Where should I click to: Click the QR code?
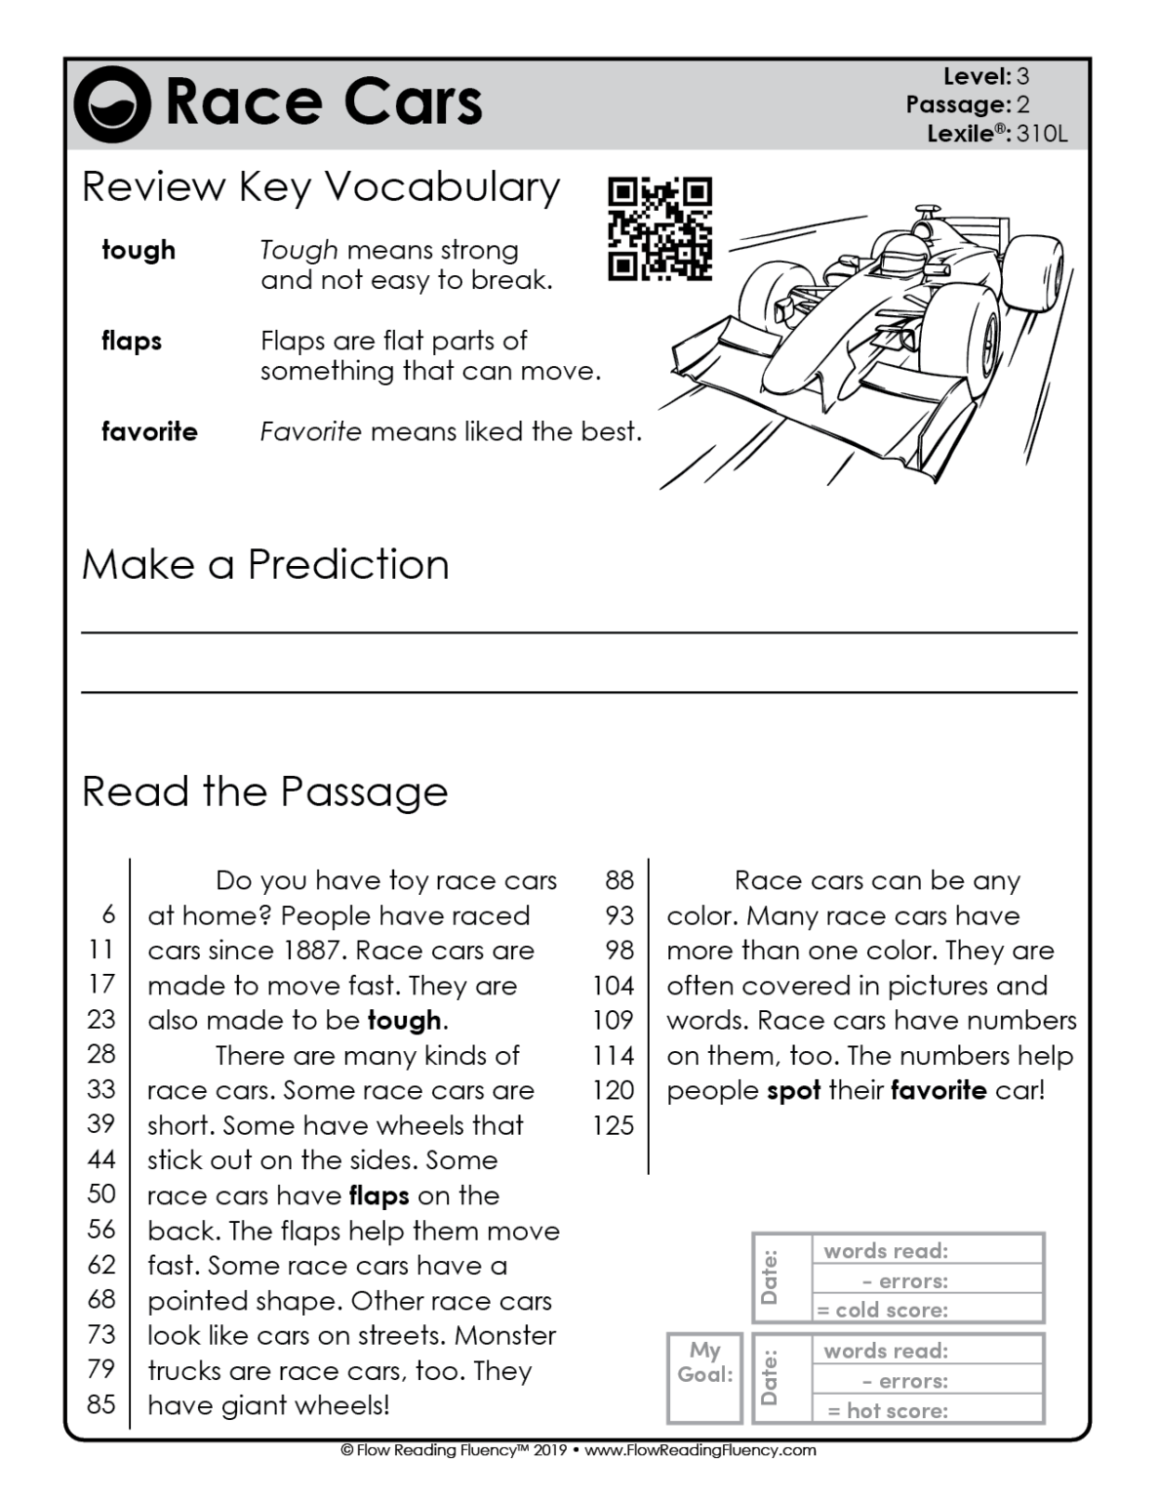pyautogui.click(x=659, y=228)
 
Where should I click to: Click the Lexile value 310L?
pyautogui.click(x=1042, y=134)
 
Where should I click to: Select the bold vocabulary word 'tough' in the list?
pyautogui.click(x=139, y=250)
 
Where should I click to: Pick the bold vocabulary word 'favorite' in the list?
pyautogui.click(x=149, y=431)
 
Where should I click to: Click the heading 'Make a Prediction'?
pyautogui.click(x=265, y=564)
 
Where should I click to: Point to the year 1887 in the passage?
pyautogui.click(x=314, y=951)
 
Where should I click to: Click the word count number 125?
pyautogui.click(x=613, y=1125)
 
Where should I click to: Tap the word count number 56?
pyautogui.click(x=101, y=1230)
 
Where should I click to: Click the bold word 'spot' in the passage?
pyautogui.click(x=793, y=1090)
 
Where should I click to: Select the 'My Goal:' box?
pyautogui.click(x=704, y=1377)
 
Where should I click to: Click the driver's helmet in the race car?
pyautogui.click(x=902, y=250)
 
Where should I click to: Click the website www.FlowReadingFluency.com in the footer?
pyautogui.click(x=699, y=1450)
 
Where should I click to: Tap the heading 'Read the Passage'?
pyautogui.click(x=264, y=791)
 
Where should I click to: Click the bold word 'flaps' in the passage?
pyautogui.click(x=379, y=1195)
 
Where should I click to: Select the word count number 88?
pyautogui.click(x=619, y=880)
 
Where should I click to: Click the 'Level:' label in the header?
pyautogui.click(x=977, y=76)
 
